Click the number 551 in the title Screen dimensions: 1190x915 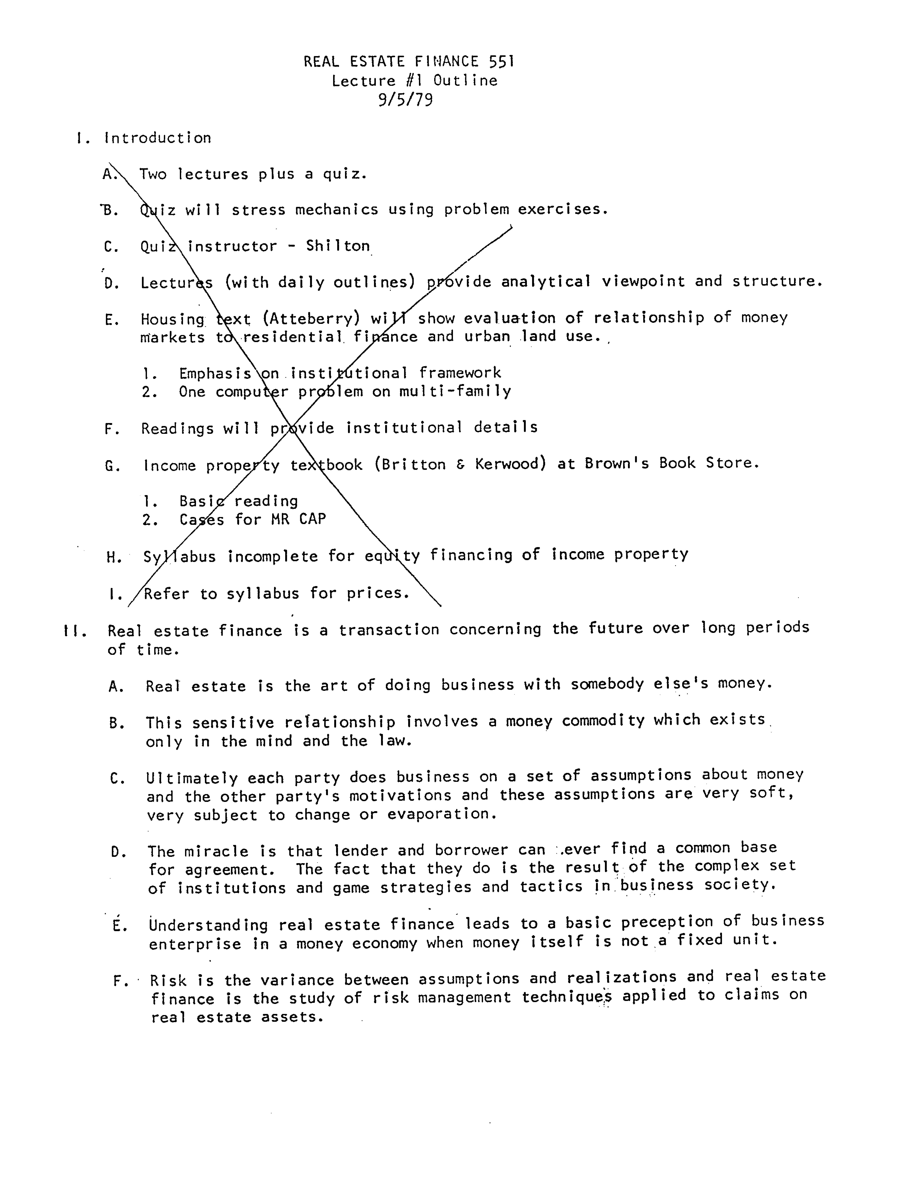501,61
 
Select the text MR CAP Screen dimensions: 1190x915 298,519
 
